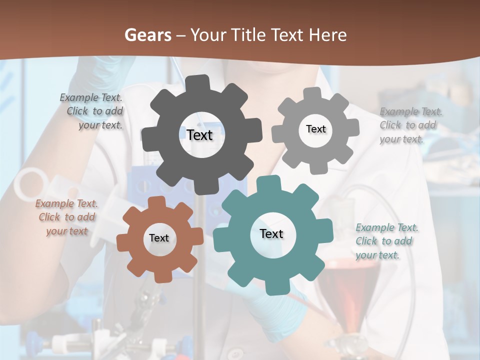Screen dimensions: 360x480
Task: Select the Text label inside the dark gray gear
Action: (x=199, y=135)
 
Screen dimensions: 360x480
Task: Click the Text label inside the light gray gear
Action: (x=315, y=129)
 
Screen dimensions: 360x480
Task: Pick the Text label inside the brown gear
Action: (x=159, y=238)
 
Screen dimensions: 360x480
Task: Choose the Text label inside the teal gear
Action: (x=271, y=233)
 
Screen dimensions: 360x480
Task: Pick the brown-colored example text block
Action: (x=66, y=217)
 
